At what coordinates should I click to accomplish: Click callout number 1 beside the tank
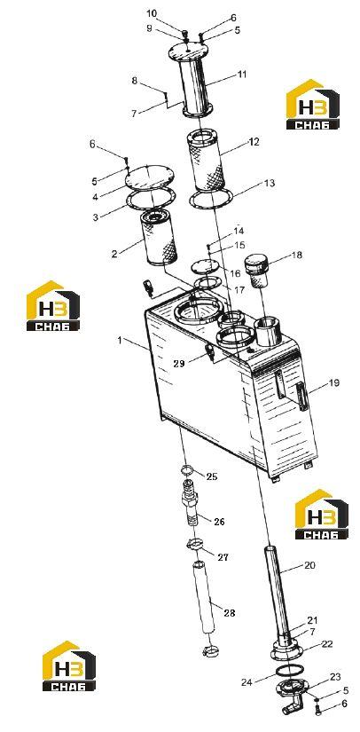pyautogui.click(x=120, y=341)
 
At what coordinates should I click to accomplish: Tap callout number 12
pyautogui.click(x=254, y=141)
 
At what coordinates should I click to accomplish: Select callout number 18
pyautogui.click(x=296, y=255)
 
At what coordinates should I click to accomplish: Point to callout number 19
pyautogui.click(x=334, y=383)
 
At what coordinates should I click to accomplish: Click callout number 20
pyautogui.click(x=309, y=565)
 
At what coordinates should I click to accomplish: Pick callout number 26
pyautogui.click(x=219, y=522)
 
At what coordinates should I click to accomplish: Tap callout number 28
pyautogui.click(x=230, y=613)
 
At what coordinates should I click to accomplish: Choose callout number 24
pyautogui.click(x=247, y=682)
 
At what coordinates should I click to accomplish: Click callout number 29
pyautogui.click(x=179, y=364)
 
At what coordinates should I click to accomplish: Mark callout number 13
pyautogui.click(x=270, y=184)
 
